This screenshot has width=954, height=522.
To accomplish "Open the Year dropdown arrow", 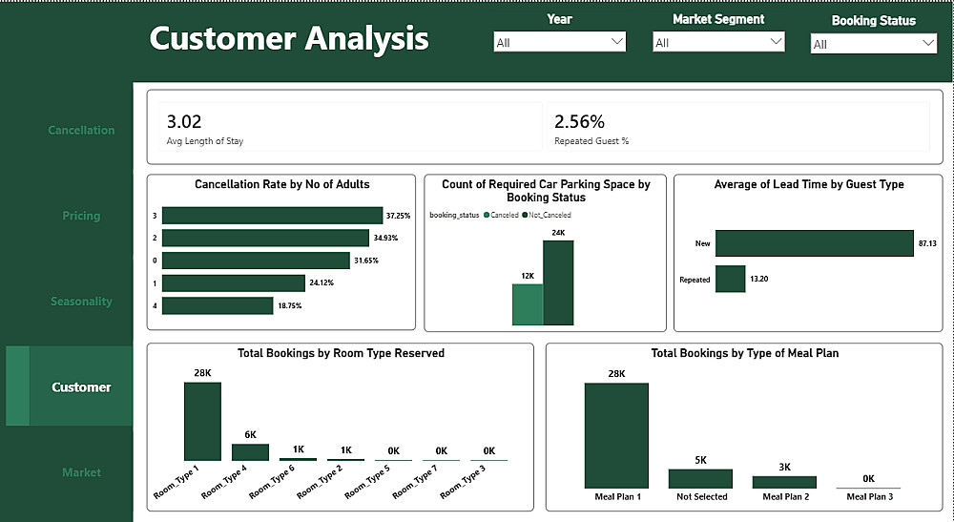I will [616, 41].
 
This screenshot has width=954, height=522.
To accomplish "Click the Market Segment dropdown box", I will [717, 42].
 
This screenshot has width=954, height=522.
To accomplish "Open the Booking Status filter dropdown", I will [874, 44].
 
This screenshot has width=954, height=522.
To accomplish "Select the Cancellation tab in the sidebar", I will [81, 130].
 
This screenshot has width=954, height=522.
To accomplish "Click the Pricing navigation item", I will [81, 216].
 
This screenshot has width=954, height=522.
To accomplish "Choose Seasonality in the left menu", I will [81, 302].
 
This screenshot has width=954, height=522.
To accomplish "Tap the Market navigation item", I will [81, 472].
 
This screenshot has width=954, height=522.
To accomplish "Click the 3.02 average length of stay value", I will [184, 121].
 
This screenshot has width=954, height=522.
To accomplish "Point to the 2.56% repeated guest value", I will [579, 121].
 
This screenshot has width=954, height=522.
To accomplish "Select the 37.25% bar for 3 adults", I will [272, 216].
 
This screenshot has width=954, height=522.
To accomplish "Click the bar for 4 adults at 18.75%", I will [218, 305].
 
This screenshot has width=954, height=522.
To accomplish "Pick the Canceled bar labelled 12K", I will [528, 304].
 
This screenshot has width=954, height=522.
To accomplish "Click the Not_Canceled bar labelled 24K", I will [558, 283].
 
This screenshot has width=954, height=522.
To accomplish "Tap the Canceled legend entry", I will [500, 216].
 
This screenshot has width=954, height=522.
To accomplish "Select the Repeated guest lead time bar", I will [730, 280].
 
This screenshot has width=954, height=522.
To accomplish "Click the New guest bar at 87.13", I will [814, 243].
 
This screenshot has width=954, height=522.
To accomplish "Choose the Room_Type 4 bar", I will [250, 452].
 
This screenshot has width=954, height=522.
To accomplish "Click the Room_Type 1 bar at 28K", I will [202, 421].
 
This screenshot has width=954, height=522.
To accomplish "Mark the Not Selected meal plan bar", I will [700, 478].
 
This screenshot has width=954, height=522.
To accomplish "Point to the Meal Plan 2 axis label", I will [784, 496].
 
